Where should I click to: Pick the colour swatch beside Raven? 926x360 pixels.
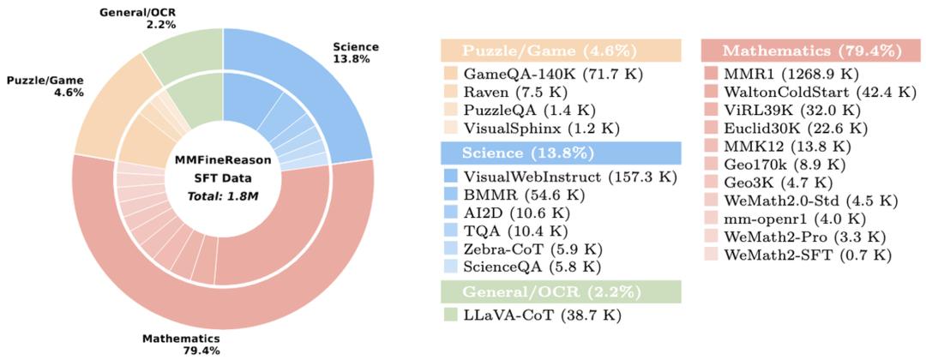[450, 92]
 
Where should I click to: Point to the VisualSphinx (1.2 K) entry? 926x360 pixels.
[549, 129]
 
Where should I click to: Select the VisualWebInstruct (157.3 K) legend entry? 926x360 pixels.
[570, 176]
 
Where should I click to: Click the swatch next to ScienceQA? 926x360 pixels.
[450, 268]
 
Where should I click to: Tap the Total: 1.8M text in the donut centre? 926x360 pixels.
[223, 196]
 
